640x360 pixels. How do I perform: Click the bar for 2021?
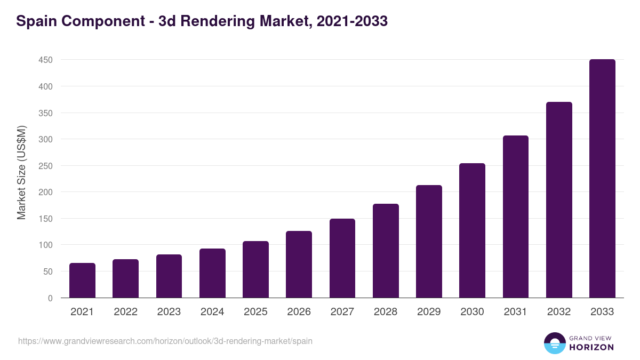82,281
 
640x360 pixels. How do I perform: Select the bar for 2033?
602,179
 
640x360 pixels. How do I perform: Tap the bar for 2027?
342,258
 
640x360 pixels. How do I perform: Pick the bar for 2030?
472,230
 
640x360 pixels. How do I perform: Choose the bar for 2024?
212,273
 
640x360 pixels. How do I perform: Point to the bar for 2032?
559,200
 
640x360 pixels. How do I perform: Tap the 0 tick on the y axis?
50,298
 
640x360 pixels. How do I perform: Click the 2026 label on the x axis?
299,312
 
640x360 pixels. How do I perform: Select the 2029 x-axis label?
429,312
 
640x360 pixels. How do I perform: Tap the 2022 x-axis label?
125,312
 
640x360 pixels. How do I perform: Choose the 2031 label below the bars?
515,312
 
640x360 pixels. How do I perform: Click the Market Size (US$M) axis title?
21,172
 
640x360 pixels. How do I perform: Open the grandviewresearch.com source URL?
165,341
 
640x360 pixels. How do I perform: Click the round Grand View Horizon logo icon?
555,343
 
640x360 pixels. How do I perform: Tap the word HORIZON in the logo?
591,347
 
